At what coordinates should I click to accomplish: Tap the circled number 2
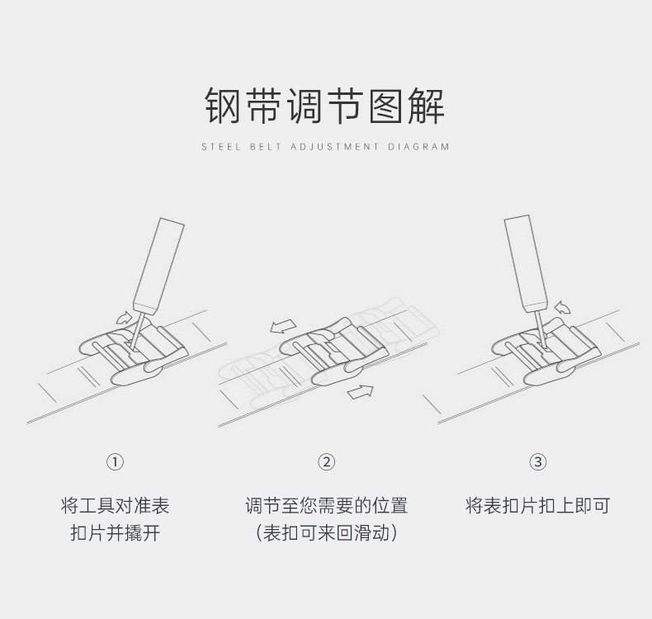[326, 462]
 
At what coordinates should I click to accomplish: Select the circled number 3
[538, 462]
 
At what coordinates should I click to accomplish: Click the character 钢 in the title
[224, 106]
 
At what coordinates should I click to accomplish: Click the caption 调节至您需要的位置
[326, 505]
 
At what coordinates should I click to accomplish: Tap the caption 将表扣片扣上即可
[537, 505]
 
